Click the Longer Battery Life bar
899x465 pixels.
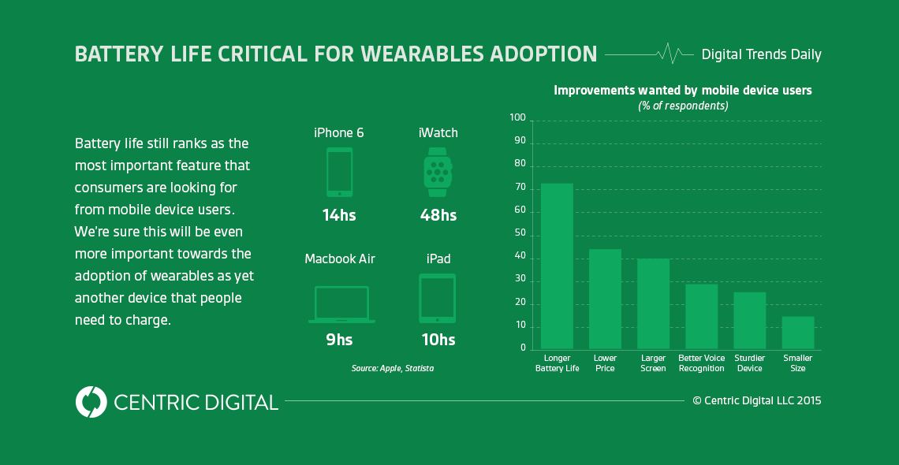click(557, 266)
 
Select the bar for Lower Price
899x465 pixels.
click(605, 299)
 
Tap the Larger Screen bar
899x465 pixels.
click(653, 304)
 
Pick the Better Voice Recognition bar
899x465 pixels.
click(701, 317)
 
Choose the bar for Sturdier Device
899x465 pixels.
click(750, 321)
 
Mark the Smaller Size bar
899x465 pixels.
click(798, 333)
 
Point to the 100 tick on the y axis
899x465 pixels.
click(517, 118)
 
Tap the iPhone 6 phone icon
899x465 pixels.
click(339, 172)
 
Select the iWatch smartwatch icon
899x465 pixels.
click(437, 172)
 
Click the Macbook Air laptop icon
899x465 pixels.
click(341, 304)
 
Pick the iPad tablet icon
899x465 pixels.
click(437, 298)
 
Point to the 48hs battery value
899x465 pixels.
click(438, 214)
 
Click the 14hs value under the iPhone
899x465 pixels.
click(339, 214)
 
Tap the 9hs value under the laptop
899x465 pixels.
click(339, 340)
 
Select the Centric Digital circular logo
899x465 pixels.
click(91, 402)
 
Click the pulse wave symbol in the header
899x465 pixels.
click(670, 54)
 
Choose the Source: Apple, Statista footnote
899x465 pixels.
click(393, 368)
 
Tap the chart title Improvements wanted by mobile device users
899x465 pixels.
click(682, 91)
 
